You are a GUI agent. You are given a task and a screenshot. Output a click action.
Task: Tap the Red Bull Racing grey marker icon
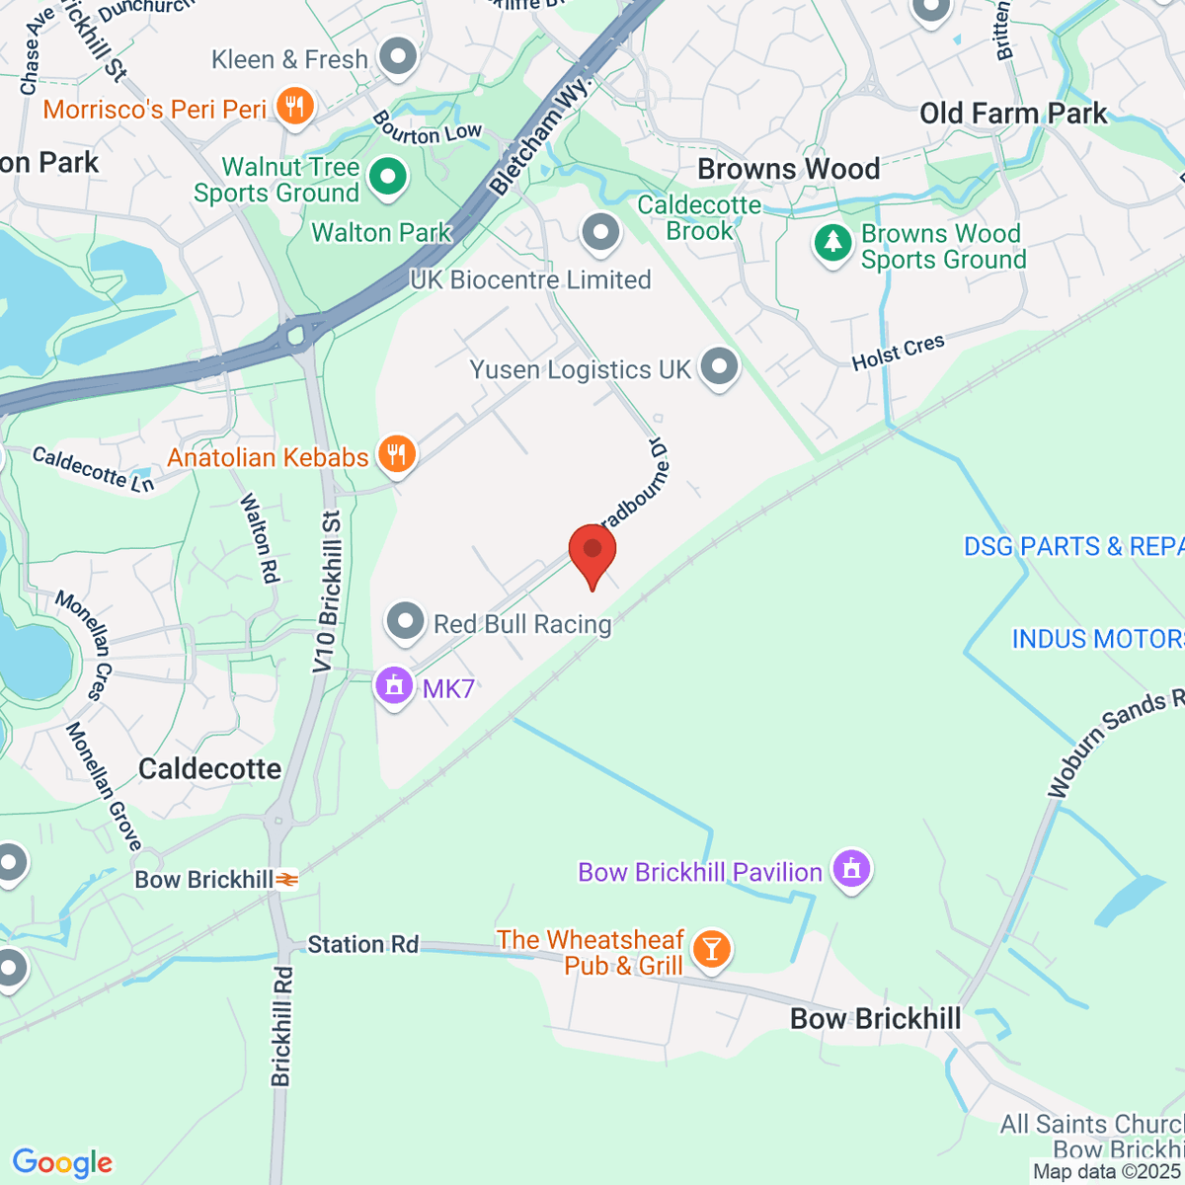click(x=405, y=622)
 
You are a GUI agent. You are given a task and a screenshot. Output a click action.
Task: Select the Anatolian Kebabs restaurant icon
click(x=397, y=454)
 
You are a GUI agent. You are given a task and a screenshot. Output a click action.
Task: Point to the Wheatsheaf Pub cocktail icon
click(x=710, y=949)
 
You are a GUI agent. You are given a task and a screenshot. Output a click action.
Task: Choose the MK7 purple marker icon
click(x=394, y=685)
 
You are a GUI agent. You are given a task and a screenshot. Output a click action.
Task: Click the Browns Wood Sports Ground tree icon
click(x=832, y=243)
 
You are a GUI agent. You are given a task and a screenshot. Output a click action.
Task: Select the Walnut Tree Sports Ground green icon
click(x=387, y=178)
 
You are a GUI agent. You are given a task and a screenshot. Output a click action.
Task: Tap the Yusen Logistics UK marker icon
click(x=719, y=367)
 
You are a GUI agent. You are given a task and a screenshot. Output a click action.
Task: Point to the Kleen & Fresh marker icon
click(x=399, y=57)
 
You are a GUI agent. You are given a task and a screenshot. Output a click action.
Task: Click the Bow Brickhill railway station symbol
click(x=287, y=879)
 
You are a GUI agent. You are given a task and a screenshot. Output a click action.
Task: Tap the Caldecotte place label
click(x=209, y=769)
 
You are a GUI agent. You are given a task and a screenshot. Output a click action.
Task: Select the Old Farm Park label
click(x=1013, y=114)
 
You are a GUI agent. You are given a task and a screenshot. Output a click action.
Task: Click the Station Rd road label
click(x=362, y=945)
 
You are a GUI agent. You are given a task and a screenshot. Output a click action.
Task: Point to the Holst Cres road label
click(x=899, y=353)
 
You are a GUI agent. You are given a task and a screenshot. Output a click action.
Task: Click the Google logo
click(x=62, y=1163)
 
